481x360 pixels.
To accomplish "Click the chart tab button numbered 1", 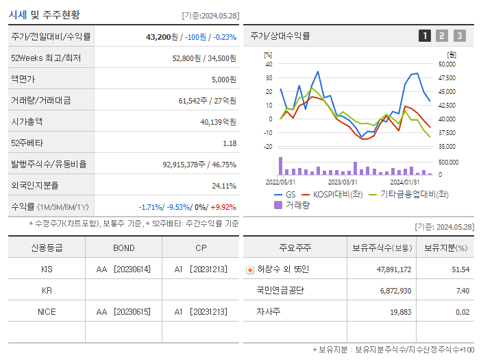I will coord(425,36).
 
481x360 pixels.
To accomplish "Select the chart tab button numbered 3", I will coord(459,36).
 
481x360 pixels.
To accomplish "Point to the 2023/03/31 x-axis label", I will coord(343,182).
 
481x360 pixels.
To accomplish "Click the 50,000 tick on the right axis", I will coord(447,64).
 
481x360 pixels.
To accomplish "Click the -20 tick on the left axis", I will coord(268,147).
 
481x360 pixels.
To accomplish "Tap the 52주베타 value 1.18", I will coord(229,143).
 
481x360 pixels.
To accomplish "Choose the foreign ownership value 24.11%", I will coord(224,186).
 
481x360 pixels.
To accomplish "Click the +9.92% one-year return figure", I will coord(224,207).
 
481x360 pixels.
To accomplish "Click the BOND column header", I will coord(123,248).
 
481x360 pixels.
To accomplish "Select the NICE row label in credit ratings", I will coord(47,311).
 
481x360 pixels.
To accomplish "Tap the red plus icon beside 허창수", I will coord(249,269).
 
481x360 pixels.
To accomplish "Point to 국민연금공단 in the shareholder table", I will coord(281,291).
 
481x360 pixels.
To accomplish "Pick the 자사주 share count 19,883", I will coord(397,312).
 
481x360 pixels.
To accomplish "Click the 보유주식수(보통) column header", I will coord(382,248).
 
